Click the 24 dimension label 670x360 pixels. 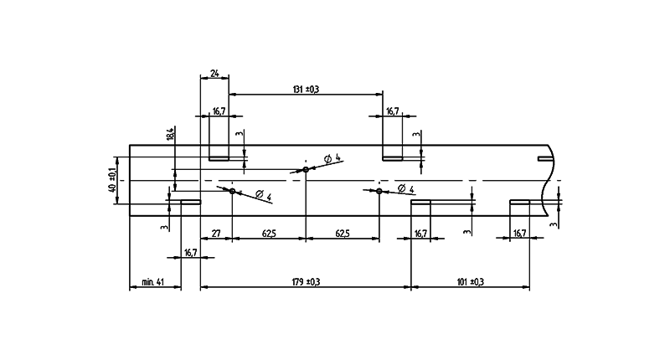(215, 75)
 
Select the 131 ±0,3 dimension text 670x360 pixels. (306, 90)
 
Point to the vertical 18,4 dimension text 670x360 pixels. (171, 134)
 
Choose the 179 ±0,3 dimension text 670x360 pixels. (307, 283)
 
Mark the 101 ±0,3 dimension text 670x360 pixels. (471, 283)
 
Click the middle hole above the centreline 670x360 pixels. (307, 170)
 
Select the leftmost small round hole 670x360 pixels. (232, 191)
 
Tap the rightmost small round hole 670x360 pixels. (379, 191)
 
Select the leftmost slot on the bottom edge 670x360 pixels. (190, 201)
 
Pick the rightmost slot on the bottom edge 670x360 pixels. (520, 201)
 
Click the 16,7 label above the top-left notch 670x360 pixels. (219, 111)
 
